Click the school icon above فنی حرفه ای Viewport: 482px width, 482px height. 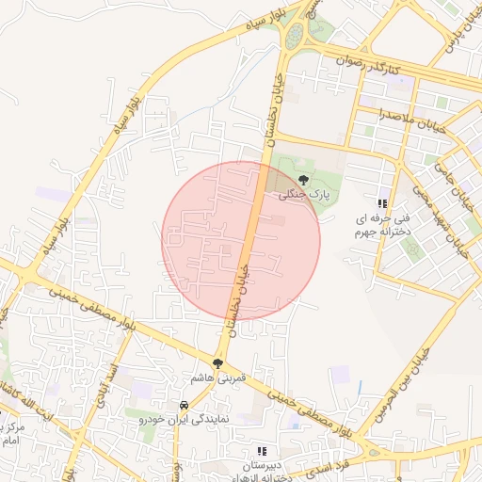[382, 203]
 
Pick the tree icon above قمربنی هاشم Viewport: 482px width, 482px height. [218, 362]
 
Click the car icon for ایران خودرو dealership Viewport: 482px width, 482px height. [184, 408]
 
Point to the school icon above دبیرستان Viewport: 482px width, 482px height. [262, 452]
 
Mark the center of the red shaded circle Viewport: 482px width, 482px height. [241, 241]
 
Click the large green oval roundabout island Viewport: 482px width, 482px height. [295, 36]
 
